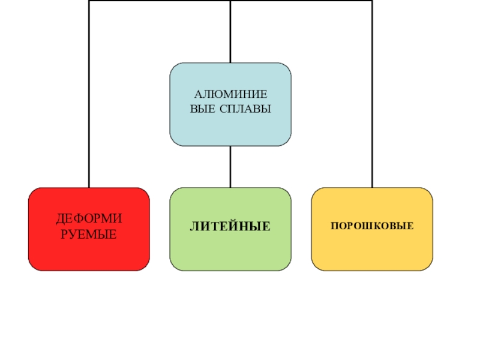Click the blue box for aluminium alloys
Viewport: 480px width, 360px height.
(230, 129)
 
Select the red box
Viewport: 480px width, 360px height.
(89, 252)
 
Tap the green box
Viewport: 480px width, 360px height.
(230, 252)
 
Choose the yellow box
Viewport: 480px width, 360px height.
(372, 252)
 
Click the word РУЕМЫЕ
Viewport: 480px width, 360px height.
(89, 233)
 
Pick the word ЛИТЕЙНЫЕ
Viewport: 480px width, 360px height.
(230, 227)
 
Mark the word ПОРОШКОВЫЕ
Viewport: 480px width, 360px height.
(372, 226)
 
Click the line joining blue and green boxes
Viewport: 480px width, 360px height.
(230, 167)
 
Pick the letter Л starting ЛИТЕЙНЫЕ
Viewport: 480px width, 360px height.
(194, 227)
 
